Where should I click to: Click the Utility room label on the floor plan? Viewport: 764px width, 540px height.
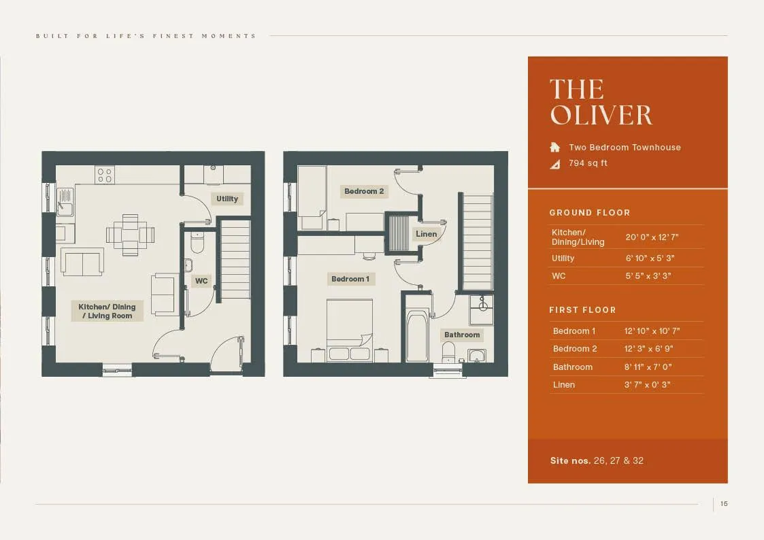coord(227,199)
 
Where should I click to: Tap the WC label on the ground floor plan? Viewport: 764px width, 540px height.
coord(201,281)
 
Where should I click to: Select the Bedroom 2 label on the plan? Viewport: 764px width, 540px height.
coord(364,191)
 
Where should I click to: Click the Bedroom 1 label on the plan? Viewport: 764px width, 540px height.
coord(350,279)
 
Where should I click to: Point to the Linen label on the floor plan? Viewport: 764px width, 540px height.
coord(427,234)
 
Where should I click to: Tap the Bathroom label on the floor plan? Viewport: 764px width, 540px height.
coord(462,335)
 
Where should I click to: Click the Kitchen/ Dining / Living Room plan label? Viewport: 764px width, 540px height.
coord(107,311)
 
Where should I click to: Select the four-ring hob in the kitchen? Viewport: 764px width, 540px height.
coord(105,175)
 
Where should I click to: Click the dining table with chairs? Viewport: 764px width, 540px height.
coord(131,235)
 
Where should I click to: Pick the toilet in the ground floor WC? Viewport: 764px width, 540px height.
coord(197,242)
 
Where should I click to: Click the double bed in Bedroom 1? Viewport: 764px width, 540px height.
coord(350,331)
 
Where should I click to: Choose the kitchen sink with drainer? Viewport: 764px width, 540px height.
coord(65,202)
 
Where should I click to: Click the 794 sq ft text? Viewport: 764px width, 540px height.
coord(588,163)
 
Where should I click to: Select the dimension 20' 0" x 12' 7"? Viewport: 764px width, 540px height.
coord(652,237)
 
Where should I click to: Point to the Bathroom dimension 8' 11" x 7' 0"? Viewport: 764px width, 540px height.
coord(648,367)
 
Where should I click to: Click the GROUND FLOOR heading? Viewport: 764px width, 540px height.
coord(590,213)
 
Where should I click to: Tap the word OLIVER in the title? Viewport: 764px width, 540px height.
coord(601,115)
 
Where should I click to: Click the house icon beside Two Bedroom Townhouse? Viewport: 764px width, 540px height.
coord(555,147)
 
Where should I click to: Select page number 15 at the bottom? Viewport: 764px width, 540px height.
coord(724,504)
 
